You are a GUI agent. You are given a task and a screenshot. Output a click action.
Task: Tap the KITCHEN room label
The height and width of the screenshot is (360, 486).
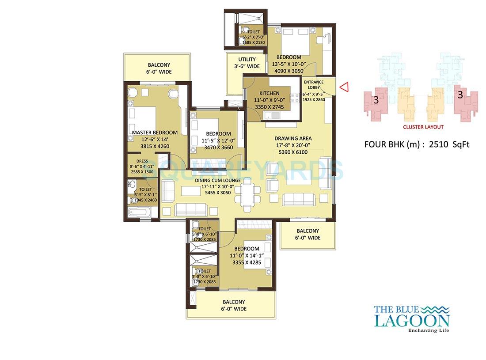(269, 93)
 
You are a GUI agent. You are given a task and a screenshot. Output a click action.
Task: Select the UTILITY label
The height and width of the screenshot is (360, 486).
(247, 60)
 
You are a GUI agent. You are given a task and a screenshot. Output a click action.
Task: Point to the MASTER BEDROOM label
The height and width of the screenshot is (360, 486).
(155, 133)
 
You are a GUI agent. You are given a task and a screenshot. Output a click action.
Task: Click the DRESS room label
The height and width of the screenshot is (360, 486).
(142, 161)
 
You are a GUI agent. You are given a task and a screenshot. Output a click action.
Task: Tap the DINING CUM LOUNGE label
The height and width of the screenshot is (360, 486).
(218, 180)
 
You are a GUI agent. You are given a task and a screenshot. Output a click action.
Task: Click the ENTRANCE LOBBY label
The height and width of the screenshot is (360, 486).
(313, 85)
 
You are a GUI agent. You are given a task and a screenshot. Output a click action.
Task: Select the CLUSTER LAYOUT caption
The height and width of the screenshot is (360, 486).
(423, 127)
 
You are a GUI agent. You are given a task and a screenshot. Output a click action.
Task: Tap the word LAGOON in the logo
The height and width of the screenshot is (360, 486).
(412, 320)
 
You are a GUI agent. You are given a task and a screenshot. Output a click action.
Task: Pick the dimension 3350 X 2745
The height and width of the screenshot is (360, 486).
(269, 106)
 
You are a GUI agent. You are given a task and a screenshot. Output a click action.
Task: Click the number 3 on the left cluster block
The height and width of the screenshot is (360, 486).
(376, 100)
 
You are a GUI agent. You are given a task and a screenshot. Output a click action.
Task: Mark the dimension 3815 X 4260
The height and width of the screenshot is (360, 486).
(155, 147)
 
